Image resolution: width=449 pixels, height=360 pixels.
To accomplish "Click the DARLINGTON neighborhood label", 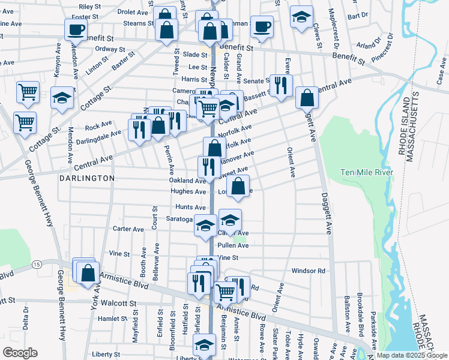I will click(87, 178).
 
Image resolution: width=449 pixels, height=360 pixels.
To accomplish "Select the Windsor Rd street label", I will click(308, 271).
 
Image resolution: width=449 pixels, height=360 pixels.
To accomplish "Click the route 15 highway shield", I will click(37, 264).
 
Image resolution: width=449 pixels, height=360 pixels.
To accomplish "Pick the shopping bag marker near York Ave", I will click(88, 272).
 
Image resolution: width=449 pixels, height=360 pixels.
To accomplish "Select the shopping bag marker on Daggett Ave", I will click(307, 97).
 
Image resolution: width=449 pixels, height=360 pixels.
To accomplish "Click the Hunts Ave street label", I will click(191, 206).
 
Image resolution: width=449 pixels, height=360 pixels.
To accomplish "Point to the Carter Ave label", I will click(128, 229).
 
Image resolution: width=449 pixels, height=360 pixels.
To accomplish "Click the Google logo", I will click(20, 353).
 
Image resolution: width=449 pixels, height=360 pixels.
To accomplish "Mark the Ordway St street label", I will click(109, 49).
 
